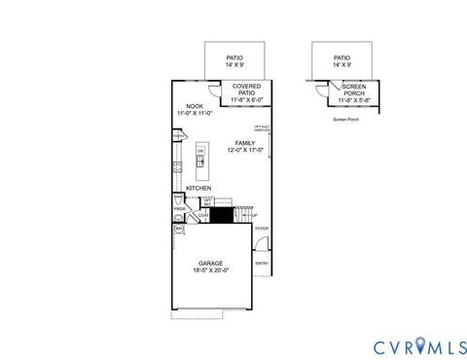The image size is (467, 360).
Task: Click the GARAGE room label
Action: [x=211, y=263]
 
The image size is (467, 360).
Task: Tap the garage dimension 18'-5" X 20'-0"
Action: [x=211, y=270]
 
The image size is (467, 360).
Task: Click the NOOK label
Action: [x=194, y=107]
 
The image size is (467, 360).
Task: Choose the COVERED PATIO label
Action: [x=246, y=89]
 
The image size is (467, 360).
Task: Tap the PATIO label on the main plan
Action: [x=234, y=57]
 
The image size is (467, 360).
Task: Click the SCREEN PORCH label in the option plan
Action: [x=353, y=89]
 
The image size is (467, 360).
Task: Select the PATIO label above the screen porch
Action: [x=341, y=57]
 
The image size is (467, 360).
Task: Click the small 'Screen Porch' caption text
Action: [x=346, y=119]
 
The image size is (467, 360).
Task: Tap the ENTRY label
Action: [x=261, y=263]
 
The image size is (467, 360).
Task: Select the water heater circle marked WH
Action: [x=179, y=230]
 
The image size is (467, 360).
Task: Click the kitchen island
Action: [x=200, y=156]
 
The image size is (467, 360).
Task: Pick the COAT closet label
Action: [x=204, y=216]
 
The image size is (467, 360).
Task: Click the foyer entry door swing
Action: [x=261, y=246]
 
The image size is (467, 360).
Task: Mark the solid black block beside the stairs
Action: [x=223, y=215]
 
